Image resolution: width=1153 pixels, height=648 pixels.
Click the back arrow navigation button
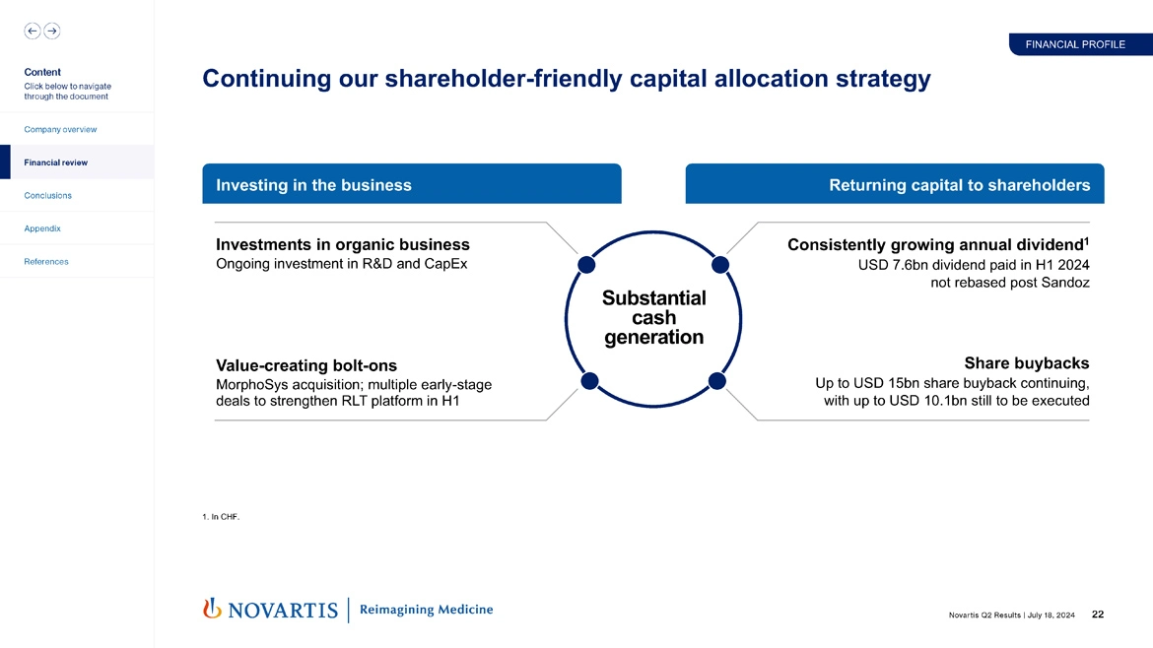[33, 31]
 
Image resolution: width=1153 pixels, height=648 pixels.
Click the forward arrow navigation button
[52, 31]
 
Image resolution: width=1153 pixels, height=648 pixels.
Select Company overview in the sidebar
[60, 130]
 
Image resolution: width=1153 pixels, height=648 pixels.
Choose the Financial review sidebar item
[55, 162]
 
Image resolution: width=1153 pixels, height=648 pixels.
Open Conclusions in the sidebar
[47, 195]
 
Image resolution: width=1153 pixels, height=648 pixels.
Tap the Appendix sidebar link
[42, 228]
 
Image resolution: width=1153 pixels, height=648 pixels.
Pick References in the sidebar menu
[46, 262]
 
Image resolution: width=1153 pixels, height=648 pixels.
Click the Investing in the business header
[313, 185]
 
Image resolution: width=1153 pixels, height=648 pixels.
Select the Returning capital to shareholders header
[959, 185]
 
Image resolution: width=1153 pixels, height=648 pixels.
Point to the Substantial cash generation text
[653, 317]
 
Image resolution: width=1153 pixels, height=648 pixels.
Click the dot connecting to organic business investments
[585, 264]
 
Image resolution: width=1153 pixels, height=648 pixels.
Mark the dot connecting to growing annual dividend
[719, 264]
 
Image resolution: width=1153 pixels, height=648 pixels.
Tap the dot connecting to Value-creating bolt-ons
[589, 381]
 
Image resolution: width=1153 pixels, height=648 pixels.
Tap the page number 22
[1098, 616]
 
